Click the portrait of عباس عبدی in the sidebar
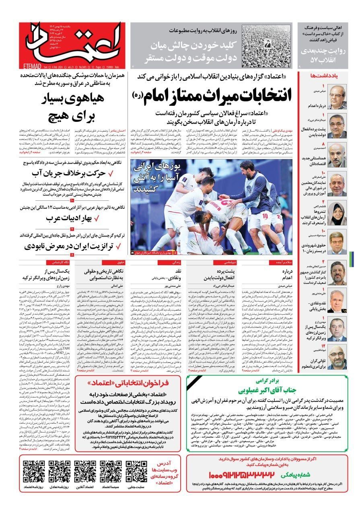(337, 97)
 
